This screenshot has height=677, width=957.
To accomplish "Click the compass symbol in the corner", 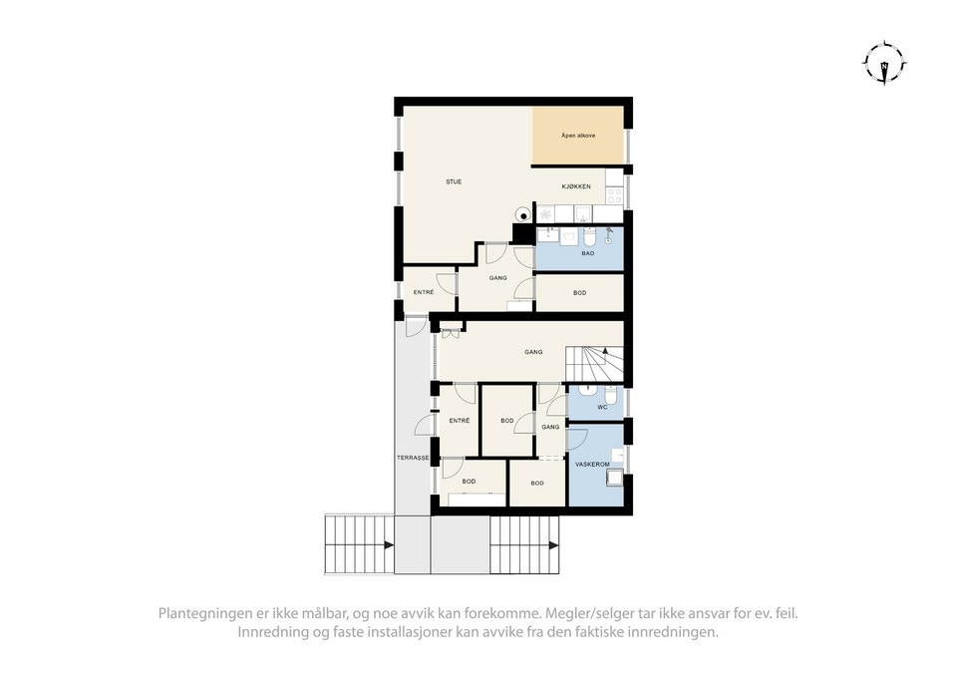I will click(883, 64).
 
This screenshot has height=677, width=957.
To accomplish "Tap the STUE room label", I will click(454, 181).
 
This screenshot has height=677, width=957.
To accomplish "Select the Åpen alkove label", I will click(578, 135).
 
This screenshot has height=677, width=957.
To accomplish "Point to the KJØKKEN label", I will click(576, 186).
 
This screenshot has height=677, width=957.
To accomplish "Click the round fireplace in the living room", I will click(523, 212).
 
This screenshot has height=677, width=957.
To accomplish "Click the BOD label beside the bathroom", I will click(579, 293).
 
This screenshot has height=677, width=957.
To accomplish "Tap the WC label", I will click(602, 408).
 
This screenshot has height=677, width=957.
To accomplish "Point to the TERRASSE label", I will click(413, 458).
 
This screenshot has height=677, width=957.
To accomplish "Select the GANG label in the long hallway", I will click(533, 351).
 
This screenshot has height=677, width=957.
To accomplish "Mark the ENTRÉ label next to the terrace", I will click(459, 421).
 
